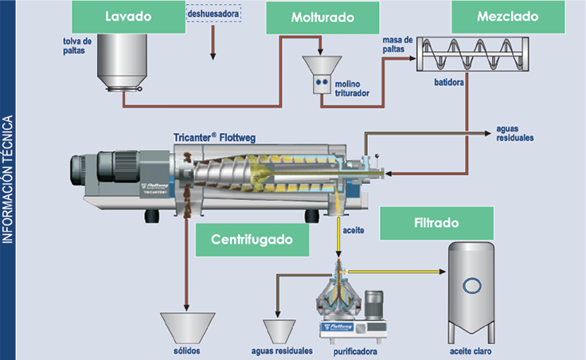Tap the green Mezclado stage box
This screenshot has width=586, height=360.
click(x=507, y=17)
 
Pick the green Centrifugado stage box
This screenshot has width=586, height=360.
click(x=252, y=239)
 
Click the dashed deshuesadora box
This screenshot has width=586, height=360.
click(x=213, y=14)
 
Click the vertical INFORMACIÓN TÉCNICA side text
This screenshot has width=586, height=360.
click(x=9, y=179)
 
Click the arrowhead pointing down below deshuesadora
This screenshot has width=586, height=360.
click(x=213, y=56)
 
